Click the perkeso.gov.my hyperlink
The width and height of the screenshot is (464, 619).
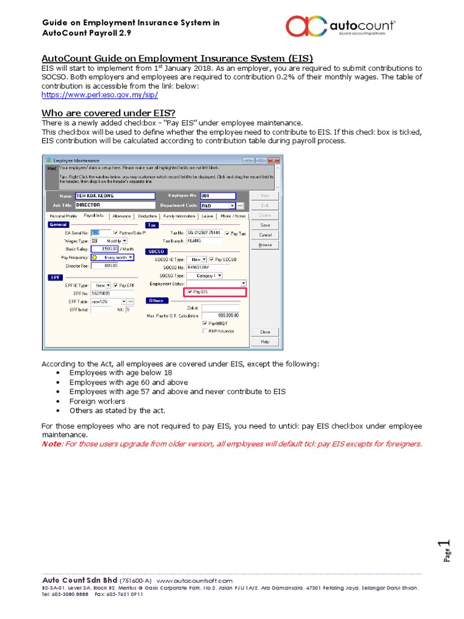tap(100, 96)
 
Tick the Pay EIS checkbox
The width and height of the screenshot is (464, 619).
tap(190, 292)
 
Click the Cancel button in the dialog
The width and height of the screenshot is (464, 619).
tap(265, 235)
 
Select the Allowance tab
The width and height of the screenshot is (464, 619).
tap(121, 216)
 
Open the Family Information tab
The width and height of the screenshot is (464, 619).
tap(179, 216)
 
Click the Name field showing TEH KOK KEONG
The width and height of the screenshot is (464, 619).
tap(114, 196)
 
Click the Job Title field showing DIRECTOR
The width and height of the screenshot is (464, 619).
tap(114, 205)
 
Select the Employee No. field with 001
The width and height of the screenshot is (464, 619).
tap(217, 196)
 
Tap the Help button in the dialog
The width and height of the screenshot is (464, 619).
tap(265, 342)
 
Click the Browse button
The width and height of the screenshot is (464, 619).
tap(265, 245)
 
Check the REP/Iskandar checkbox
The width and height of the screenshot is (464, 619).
tap(204, 331)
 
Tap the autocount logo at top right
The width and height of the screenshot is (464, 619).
tap(340, 26)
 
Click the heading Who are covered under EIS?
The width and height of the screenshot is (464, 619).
tap(108, 113)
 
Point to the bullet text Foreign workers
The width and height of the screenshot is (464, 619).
tap(97, 401)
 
